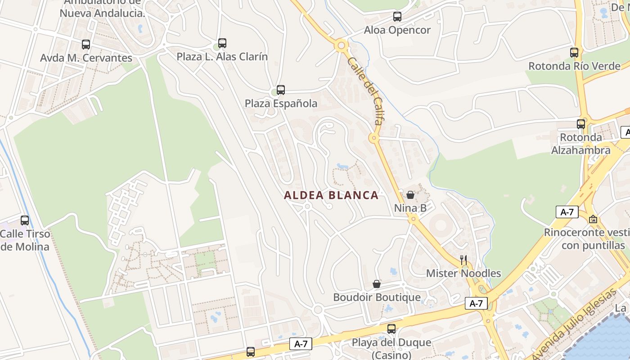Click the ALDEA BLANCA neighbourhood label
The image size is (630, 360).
(331, 195)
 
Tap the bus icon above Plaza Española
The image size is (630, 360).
(281, 90)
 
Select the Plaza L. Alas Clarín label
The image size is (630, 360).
(222, 57)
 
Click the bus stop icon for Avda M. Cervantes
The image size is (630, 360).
(86, 45)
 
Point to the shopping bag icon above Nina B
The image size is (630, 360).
(410, 195)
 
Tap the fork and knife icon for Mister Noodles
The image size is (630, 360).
(463, 260)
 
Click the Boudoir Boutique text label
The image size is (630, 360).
(377, 297)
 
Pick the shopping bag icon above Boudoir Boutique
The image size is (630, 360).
(377, 284)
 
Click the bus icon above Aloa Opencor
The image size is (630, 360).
(397, 17)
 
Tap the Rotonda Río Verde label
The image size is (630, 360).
(574, 66)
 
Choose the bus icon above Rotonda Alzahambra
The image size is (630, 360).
(581, 124)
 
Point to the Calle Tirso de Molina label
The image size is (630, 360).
(25, 240)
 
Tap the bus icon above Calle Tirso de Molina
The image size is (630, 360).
(25, 220)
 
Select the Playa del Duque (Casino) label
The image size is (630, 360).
(391, 348)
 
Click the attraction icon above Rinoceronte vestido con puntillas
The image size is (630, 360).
(593, 219)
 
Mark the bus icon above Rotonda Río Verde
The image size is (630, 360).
(574, 52)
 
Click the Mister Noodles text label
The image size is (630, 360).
(463, 273)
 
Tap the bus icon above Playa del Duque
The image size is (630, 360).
(391, 329)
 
